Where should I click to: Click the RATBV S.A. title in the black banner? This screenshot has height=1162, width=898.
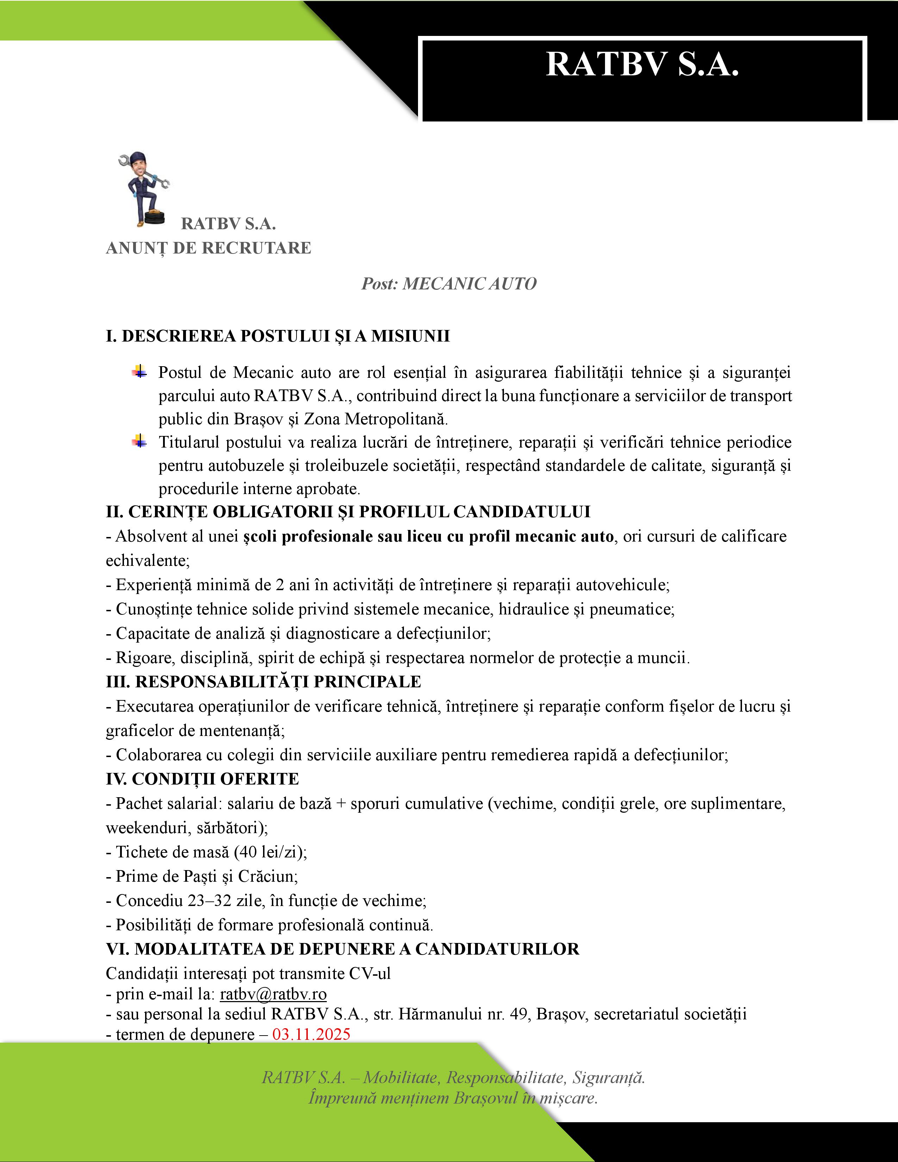(642, 65)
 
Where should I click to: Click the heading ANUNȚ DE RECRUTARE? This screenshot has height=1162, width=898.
(208, 248)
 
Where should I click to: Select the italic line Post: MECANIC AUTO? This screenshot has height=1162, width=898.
(448, 283)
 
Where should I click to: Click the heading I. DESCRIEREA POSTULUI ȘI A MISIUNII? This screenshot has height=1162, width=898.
(278, 336)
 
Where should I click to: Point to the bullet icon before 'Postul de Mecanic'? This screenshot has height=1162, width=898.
(139, 371)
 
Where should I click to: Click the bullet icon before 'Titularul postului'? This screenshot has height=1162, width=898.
(139, 441)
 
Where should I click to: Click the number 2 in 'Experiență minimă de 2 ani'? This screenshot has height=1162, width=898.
(280, 585)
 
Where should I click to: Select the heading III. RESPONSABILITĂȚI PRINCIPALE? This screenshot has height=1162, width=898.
(263, 682)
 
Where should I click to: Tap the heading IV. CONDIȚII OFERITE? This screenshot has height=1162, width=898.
(202, 779)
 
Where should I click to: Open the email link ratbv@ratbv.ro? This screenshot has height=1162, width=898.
(273, 994)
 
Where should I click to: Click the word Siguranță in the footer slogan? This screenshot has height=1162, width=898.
(609, 1077)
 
